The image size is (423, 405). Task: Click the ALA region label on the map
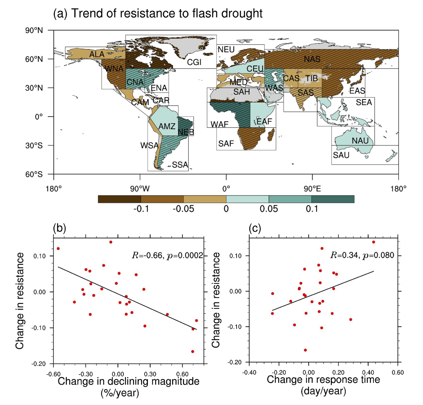(x=97, y=54)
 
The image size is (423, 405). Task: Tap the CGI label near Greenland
(x=194, y=62)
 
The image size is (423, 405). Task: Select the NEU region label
(x=226, y=49)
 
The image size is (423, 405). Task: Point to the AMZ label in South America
(x=167, y=126)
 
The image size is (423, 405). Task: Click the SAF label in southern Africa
(x=226, y=143)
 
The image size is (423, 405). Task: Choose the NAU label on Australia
(x=360, y=141)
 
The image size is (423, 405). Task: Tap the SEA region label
(x=364, y=102)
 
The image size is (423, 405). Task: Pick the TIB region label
(x=312, y=78)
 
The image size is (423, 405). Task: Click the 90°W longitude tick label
(x=140, y=189)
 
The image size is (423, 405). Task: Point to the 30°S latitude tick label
(x=34, y=146)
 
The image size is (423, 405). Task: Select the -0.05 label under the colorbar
(x=183, y=209)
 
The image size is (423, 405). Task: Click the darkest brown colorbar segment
(x=119, y=199)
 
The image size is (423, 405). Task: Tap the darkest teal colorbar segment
(x=333, y=199)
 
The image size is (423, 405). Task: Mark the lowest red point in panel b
(x=192, y=351)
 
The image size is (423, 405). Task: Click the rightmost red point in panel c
(x=373, y=242)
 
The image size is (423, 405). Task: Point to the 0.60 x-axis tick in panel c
(x=398, y=373)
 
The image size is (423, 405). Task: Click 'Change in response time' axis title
(x=323, y=380)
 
